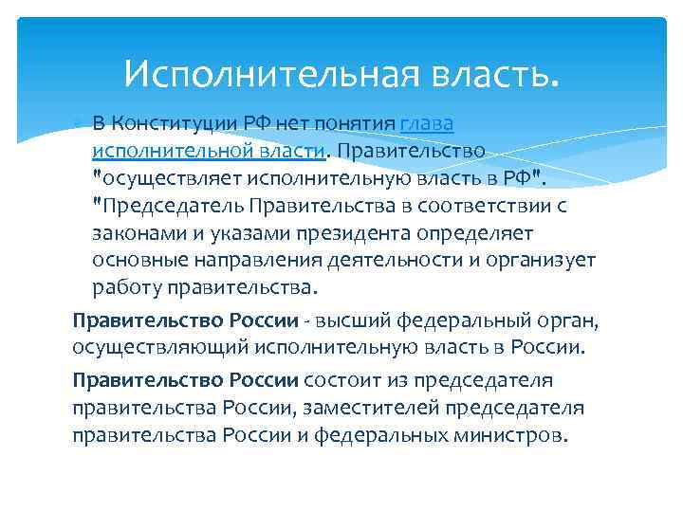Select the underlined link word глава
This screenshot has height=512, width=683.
click(x=427, y=125)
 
